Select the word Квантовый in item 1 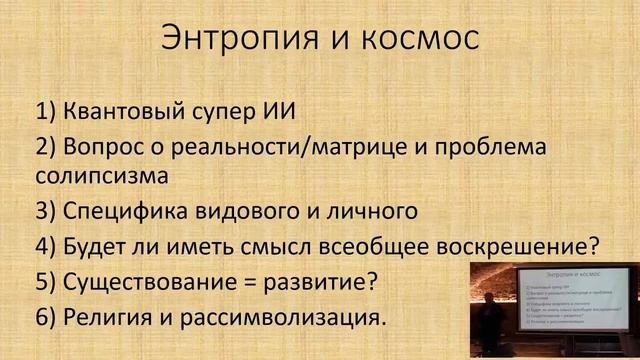(122, 110)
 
